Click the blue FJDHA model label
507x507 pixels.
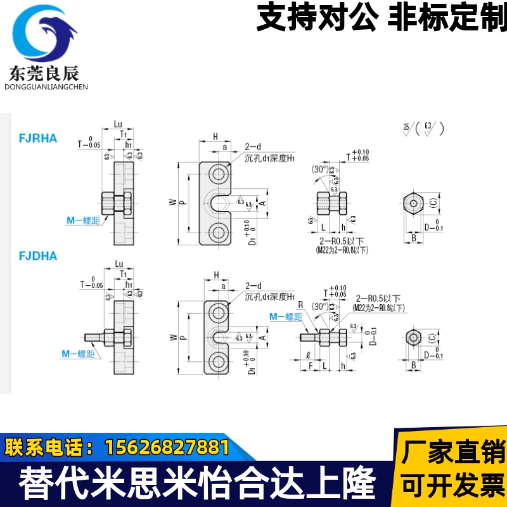(x=39, y=256)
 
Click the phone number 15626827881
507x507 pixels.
(x=166, y=447)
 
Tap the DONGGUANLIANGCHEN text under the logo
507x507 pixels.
(x=46, y=87)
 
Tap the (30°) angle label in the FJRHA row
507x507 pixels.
(x=320, y=169)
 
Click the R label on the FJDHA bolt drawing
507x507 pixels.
(x=302, y=305)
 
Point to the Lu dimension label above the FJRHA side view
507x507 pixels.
(x=119, y=124)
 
